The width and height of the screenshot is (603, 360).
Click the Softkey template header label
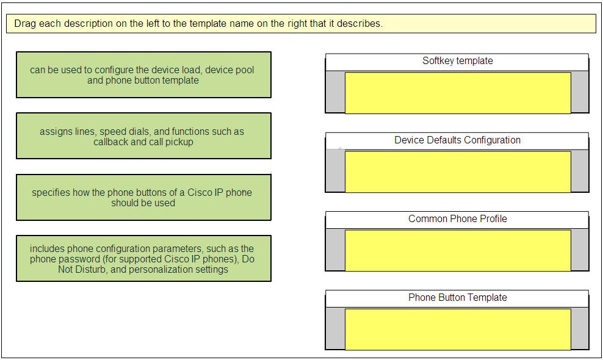click(x=457, y=61)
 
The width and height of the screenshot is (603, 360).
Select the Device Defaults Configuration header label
click(x=457, y=140)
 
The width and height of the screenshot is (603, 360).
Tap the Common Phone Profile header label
click(x=457, y=219)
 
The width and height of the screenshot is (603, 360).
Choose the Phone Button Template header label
click(x=457, y=297)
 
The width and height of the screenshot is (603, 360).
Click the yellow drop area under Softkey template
click(x=458, y=93)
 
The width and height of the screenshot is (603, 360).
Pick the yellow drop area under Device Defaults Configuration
click(x=458, y=171)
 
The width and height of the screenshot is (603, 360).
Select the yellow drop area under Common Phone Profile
click(x=458, y=250)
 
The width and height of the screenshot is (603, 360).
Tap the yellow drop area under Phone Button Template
click(x=458, y=329)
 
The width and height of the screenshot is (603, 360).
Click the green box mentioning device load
click(x=143, y=74)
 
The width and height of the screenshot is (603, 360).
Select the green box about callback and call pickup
click(x=143, y=136)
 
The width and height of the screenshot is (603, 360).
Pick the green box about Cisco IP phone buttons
click(x=143, y=197)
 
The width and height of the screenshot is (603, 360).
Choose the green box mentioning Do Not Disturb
click(x=143, y=259)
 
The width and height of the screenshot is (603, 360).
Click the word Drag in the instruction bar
click(x=26, y=23)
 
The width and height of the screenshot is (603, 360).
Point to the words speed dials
click(x=125, y=132)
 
